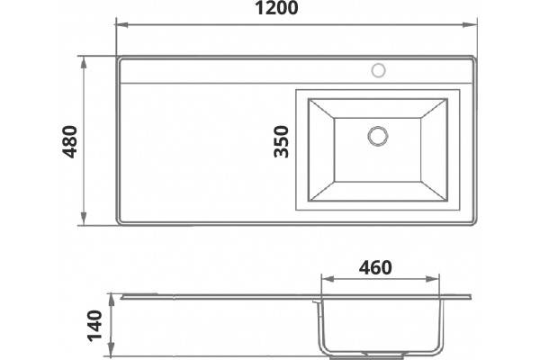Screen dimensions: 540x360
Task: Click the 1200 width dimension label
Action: pyautogui.click(x=276, y=8)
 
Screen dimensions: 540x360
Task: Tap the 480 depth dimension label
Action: pyautogui.click(x=70, y=141)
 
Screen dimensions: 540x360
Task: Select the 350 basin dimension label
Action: pyautogui.click(x=281, y=141)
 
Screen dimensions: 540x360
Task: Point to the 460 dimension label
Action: pyautogui.click(x=375, y=267)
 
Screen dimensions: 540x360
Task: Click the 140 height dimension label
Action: pyautogui.click(x=94, y=326)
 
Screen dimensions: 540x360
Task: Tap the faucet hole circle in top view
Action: pyautogui.click(x=379, y=70)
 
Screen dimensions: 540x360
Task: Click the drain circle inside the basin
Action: pyautogui.click(x=378, y=136)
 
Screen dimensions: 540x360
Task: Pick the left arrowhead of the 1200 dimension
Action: pyautogui.click(x=122, y=25)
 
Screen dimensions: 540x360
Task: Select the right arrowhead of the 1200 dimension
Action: pyautogui.click(x=470, y=25)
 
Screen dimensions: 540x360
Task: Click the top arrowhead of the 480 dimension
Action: pyautogui.click(x=84, y=63)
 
